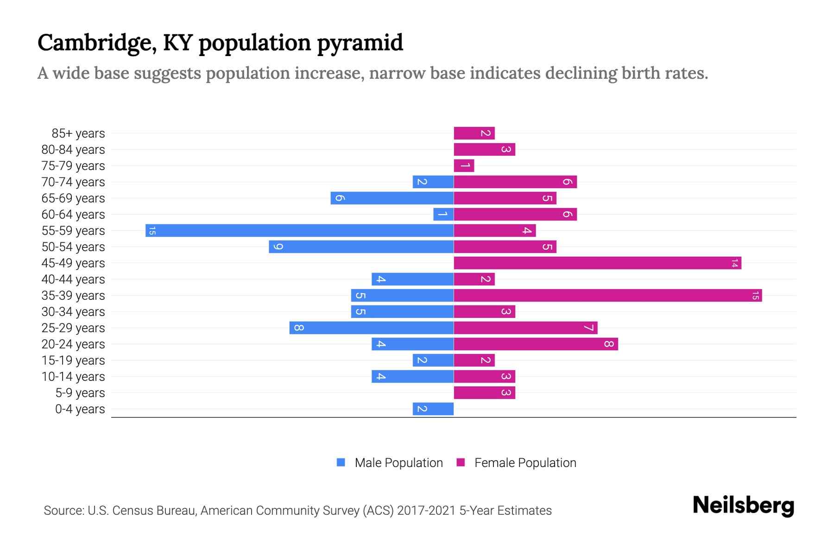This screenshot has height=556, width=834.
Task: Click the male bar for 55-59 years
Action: (299, 230)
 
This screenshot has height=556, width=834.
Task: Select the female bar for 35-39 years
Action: (607, 295)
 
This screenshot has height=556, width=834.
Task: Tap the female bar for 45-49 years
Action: (597, 263)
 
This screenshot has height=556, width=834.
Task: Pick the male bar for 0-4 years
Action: (433, 409)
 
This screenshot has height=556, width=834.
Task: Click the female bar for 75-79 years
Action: (464, 165)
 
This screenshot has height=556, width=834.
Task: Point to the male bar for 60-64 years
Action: (443, 214)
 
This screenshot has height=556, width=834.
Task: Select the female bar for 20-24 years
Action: (536, 344)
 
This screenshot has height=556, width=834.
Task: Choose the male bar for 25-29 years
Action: (372, 328)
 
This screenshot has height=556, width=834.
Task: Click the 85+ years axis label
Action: (78, 133)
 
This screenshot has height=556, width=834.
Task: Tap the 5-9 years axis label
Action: (80, 393)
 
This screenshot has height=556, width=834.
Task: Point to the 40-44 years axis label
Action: (73, 279)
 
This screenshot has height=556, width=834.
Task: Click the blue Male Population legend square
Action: (341, 462)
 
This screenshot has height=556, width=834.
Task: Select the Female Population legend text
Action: (525, 463)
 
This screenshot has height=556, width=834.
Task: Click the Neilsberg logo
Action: (743, 505)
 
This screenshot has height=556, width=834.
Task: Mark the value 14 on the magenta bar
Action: (734, 263)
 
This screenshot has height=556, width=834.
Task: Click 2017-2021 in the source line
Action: (426, 511)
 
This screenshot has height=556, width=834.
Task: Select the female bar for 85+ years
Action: (474, 133)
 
